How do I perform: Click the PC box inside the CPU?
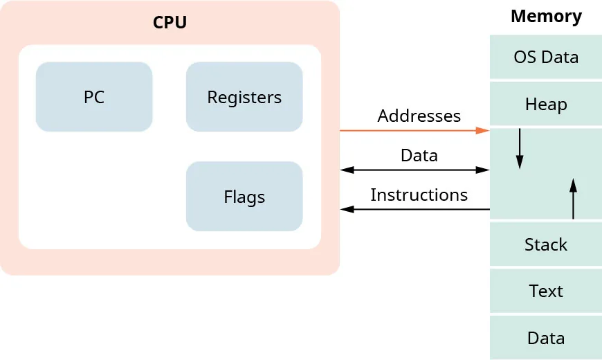[x=93, y=97]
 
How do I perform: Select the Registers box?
[x=244, y=97]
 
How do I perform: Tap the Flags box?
[x=244, y=197]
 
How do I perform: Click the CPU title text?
[x=170, y=22]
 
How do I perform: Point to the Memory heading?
[x=546, y=16]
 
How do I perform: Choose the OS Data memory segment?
[x=546, y=57]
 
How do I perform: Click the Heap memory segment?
[x=546, y=104]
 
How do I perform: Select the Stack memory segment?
[x=546, y=244]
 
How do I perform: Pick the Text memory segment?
[x=546, y=291]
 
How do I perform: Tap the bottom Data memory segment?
[x=546, y=338]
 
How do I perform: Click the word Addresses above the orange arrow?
[x=419, y=116]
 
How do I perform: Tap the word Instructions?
[x=419, y=195]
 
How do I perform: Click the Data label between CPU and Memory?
[x=419, y=155]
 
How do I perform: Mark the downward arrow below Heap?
[x=520, y=148]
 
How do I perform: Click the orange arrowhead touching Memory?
[x=484, y=130]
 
